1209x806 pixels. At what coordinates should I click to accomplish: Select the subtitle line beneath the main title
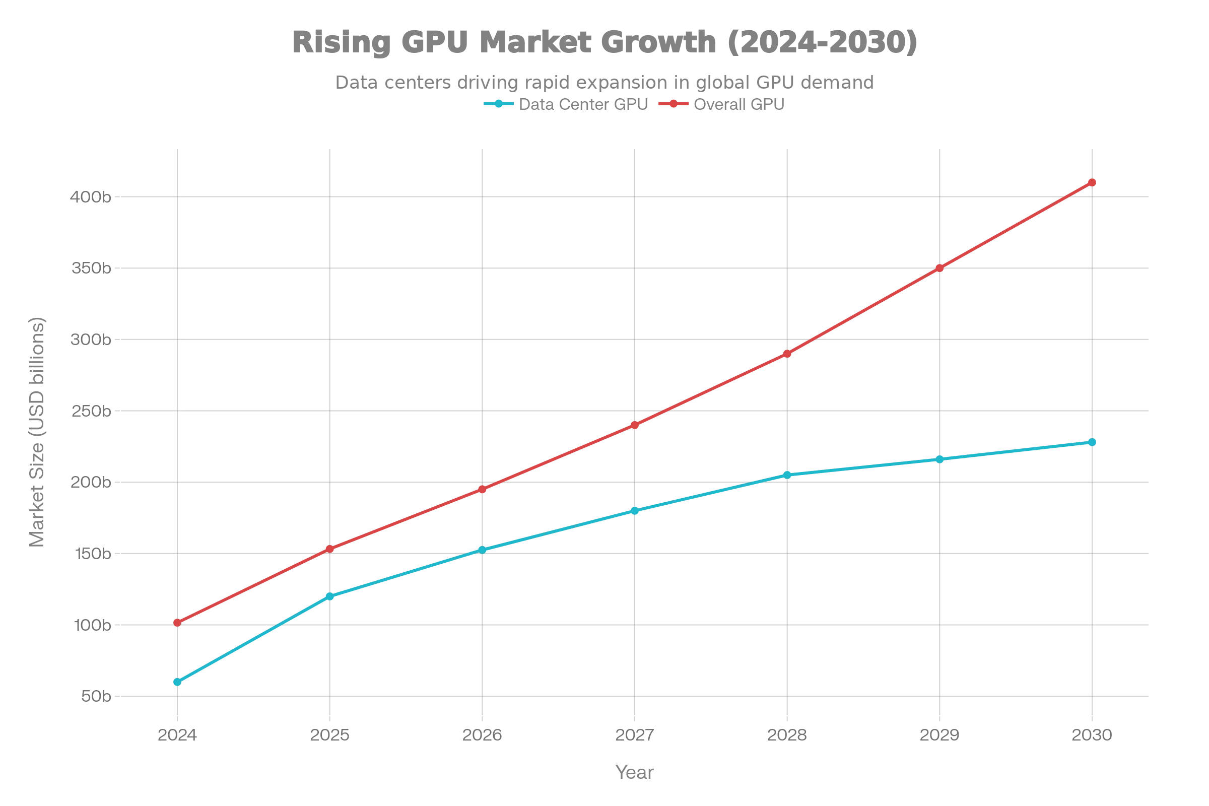pyautogui.click(x=604, y=81)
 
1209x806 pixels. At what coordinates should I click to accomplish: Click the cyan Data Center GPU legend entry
pyautogui.click(x=565, y=105)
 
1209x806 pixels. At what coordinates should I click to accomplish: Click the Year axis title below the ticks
pyautogui.click(x=635, y=772)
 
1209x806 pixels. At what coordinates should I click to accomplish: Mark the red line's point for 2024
pyautogui.click(x=177, y=623)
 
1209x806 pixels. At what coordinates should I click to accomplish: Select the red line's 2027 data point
pyautogui.click(x=635, y=425)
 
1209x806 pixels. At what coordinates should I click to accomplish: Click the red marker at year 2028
pyautogui.click(x=787, y=354)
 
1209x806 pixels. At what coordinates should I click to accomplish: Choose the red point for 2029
pyautogui.click(x=940, y=268)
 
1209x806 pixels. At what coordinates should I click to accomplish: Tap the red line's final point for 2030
pyautogui.click(x=1092, y=182)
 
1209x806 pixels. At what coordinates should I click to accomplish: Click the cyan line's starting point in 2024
pyautogui.click(x=177, y=682)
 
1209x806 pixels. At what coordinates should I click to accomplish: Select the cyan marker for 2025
pyautogui.click(x=329, y=596)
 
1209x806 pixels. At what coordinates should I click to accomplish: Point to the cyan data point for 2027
pyautogui.click(x=635, y=510)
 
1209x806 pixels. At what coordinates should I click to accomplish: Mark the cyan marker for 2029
pyautogui.click(x=940, y=459)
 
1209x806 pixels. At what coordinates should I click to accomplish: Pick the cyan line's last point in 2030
pyautogui.click(x=1092, y=442)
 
